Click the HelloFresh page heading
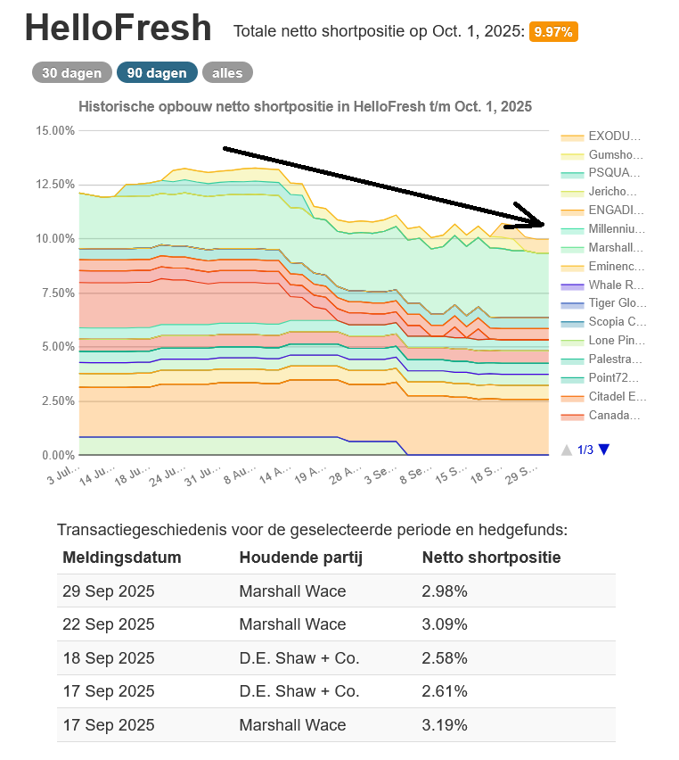coord(119,29)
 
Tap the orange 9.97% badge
coord(553,32)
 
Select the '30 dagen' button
coord(72,73)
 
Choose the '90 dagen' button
coord(157,73)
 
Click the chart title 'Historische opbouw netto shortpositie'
coord(305,106)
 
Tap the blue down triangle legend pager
coord(604,450)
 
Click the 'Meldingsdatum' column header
coord(121,558)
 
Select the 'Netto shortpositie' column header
coord(491,558)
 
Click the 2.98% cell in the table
coord(445,591)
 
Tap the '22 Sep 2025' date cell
coord(108,624)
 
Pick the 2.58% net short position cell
coord(445,658)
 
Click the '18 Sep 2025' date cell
coord(108,658)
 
